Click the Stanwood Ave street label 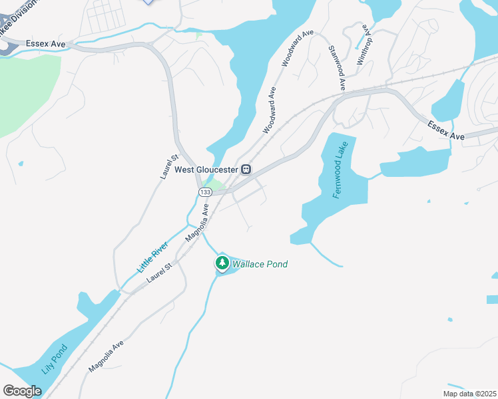click(x=337, y=68)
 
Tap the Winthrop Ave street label click(x=363, y=45)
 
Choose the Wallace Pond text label click(x=260, y=265)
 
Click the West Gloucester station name click(x=206, y=170)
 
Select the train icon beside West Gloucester click(x=246, y=170)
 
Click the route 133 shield click(x=204, y=192)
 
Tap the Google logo click(x=23, y=391)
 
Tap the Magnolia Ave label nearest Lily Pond click(x=107, y=356)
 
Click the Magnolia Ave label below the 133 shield click(x=198, y=223)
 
